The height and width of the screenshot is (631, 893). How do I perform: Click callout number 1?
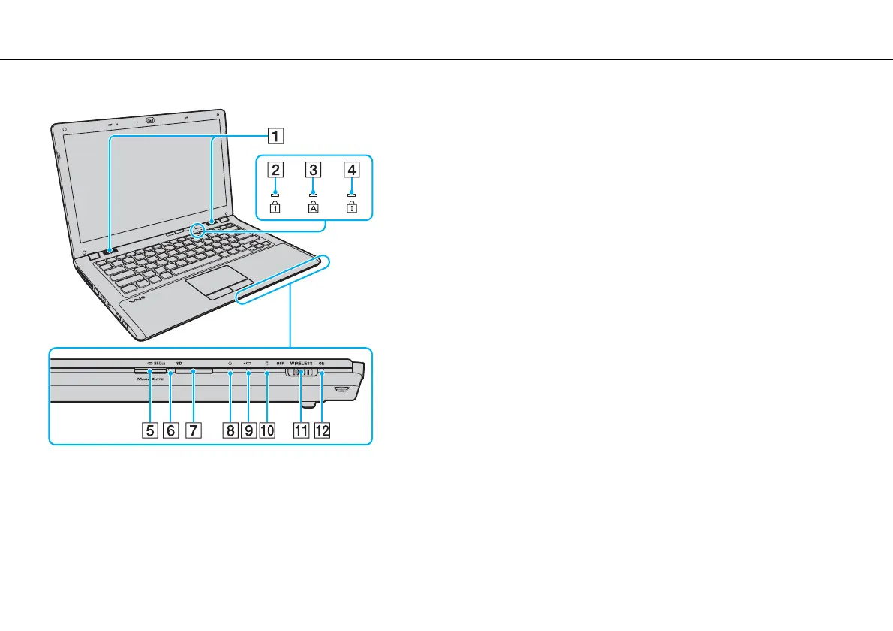click(277, 137)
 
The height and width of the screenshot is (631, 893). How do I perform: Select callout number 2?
click(277, 169)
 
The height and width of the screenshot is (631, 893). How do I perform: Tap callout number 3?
click(314, 169)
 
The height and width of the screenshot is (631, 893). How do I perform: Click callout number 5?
click(151, 430)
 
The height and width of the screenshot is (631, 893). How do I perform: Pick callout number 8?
click(230, 430)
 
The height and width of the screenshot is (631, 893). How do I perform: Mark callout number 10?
click(266, 430)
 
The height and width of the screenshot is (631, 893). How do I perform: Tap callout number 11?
click(301, 430)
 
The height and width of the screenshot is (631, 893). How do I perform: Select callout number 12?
click(322, 430)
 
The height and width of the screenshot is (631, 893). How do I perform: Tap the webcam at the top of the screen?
click(151, 119)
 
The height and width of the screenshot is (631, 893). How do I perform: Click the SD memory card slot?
click(193, 371)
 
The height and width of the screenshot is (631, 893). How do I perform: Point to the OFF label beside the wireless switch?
click(281, 364)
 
